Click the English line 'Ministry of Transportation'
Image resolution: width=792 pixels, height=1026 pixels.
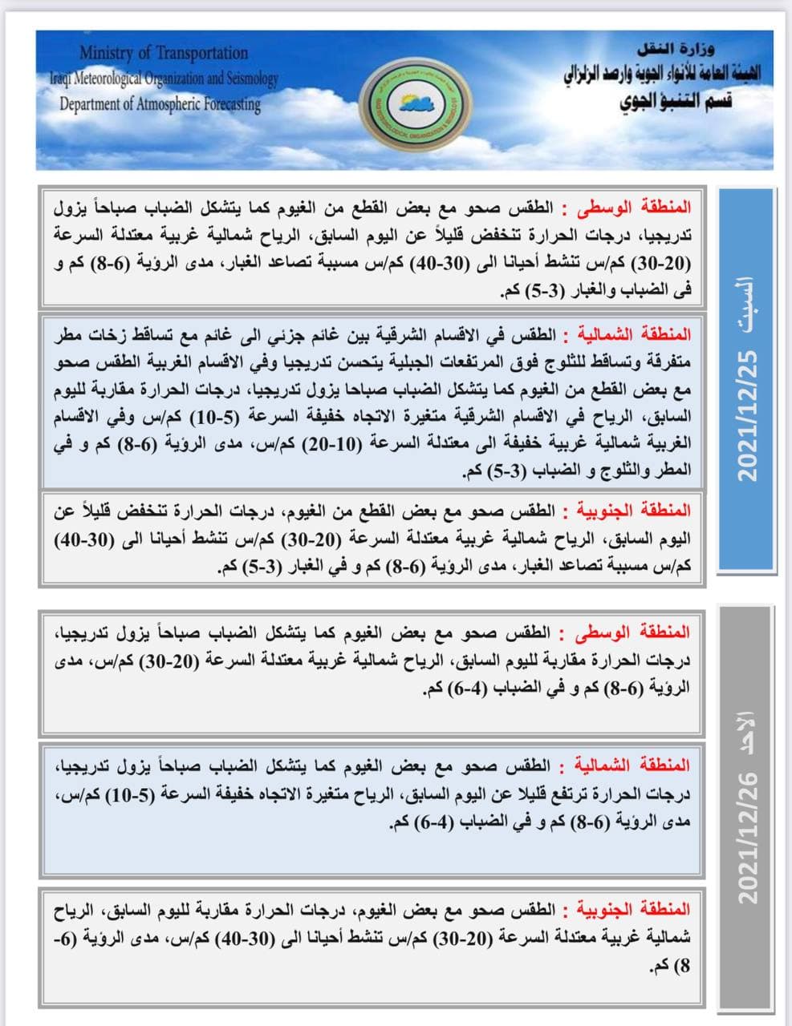[x=164, y=54]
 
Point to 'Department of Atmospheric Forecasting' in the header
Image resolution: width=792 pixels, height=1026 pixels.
[x=160, y=103]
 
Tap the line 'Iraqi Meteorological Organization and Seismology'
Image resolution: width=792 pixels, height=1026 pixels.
[x=164, y=79]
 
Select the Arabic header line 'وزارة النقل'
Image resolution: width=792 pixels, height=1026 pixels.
[x=691, y=49]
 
